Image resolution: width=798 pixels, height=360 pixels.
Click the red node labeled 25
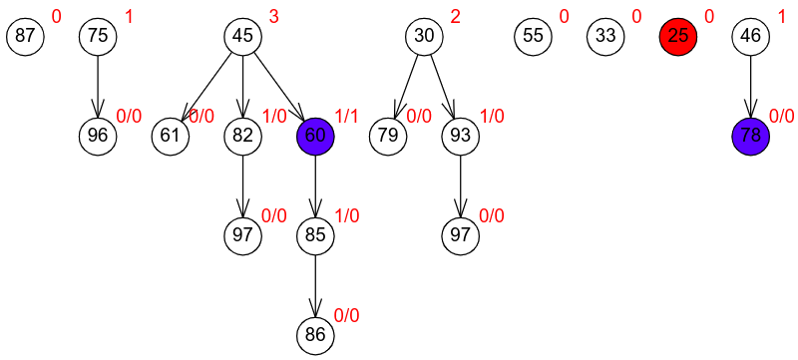click(x=678, y=37)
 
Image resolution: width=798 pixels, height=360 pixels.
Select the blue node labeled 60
click(x=315, y=137)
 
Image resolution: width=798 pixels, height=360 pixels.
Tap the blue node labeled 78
click(x=751, y=137)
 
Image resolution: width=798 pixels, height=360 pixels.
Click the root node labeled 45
click(x=243, y=37)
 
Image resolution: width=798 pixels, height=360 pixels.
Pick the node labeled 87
click(x=26, y=37)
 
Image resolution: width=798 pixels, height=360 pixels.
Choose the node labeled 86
click(x=315, y=336)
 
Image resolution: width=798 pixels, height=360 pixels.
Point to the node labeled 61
click(x=171, y=137)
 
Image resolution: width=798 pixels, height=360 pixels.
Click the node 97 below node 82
click(x=243, y=236)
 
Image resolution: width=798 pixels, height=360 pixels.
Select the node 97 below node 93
click(x=461, y=236)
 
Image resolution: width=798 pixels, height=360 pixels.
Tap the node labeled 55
click(x=534, y=37)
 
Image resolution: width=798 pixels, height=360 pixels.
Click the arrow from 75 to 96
click(x=98, y=87)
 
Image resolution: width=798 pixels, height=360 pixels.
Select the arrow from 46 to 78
click(x=751, y=87)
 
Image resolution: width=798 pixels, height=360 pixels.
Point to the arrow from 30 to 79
click(x=406, y=87)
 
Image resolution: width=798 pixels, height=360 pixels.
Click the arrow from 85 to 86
click(x=315, y=286)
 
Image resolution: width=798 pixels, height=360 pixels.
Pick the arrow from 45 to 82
click(x=243, y=87)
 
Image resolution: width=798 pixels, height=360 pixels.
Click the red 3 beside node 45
click(x=273, y=17)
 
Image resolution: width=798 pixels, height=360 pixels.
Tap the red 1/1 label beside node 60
click(x=346, y=117)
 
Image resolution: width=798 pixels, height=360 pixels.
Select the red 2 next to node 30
click(x=455, y=17)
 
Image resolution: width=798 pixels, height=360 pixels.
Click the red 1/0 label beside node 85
click(x=346, y=216)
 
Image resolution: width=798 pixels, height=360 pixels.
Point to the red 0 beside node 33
click(x=636, y=17)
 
